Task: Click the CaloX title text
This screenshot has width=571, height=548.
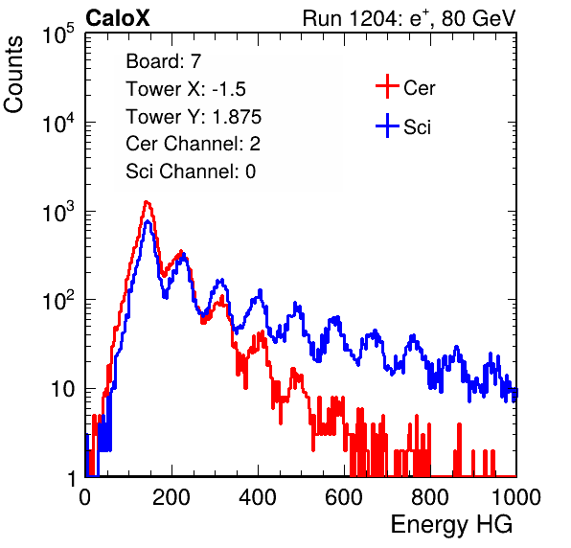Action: coord(117,18)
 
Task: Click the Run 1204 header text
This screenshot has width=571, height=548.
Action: coord(409,18)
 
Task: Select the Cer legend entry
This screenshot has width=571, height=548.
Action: coord(405,87)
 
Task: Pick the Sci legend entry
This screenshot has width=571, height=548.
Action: coord(403,126)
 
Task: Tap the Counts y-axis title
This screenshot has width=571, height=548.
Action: coord(13,75)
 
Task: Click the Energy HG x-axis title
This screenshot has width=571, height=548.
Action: coord(451,524)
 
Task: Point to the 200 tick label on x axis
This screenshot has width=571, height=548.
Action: coord(171,496)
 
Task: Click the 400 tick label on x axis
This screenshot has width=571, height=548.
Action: coord(258,496)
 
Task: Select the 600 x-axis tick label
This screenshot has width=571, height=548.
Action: coord(344,496)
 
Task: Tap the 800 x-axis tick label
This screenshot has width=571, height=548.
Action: coord(430,496)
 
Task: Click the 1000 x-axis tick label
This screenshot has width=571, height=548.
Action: coord(516,496)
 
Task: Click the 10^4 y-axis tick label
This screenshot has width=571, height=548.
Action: coord(58,123)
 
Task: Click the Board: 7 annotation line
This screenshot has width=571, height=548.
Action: coord(164,61)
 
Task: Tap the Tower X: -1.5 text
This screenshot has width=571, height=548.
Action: coord(186,89)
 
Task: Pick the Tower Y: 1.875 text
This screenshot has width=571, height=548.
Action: coord(194,117)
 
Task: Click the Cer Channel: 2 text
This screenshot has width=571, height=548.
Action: coord(193,144)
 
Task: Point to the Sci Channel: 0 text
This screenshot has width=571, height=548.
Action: coord(191,171)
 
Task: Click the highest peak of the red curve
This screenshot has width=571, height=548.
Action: coord(147,202)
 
